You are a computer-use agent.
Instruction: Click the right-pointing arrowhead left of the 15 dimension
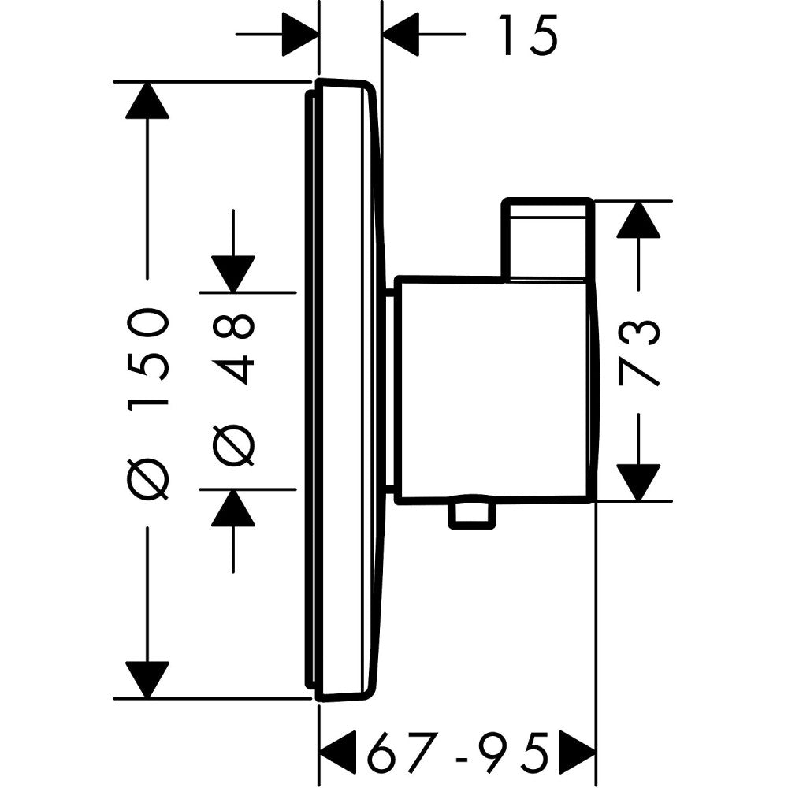(299, 35)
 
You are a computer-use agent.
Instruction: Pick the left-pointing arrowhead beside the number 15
(401, 35)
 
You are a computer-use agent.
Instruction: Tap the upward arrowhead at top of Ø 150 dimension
(147, 100)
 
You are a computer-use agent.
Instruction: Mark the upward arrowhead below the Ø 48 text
(233, 508)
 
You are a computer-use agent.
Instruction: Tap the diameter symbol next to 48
(234, 445)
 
